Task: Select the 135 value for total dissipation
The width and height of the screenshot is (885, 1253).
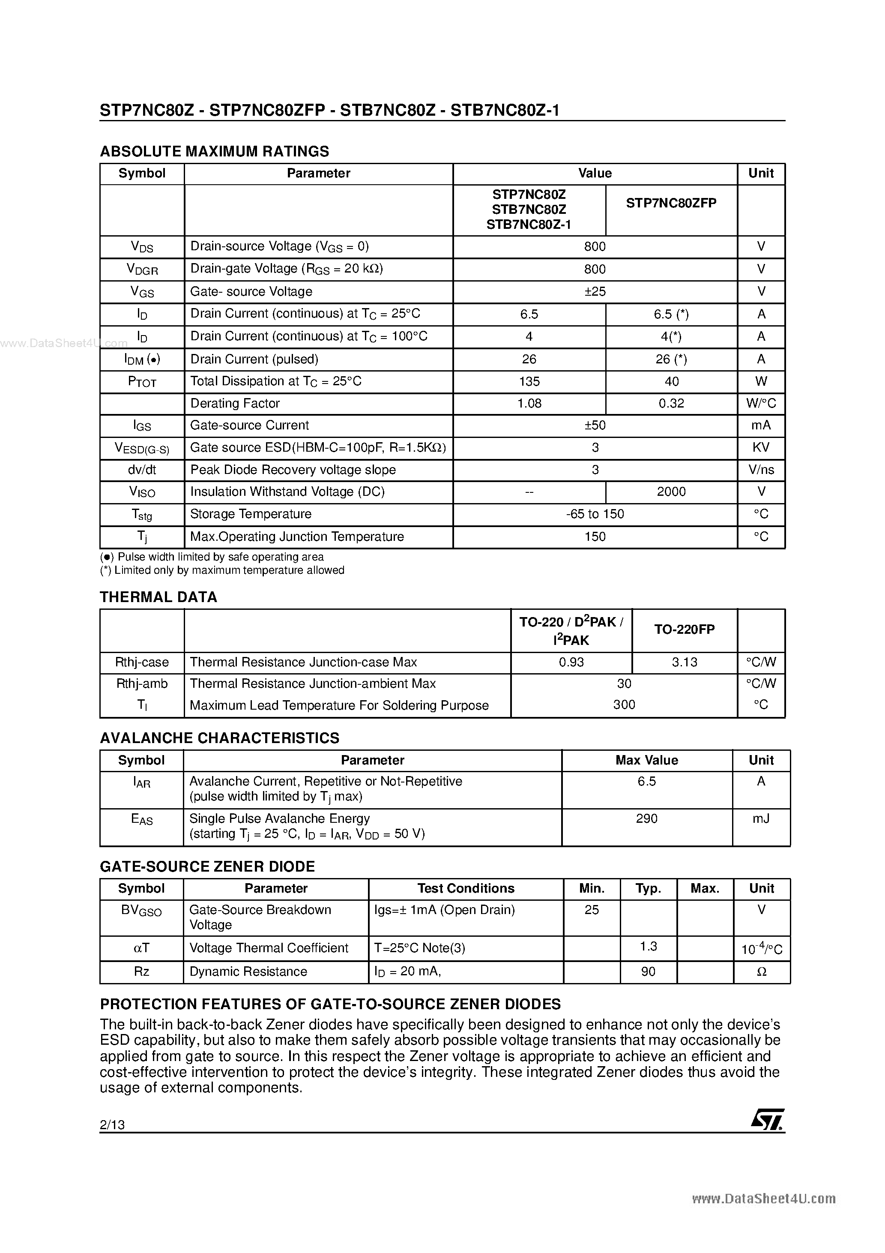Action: point(529,381)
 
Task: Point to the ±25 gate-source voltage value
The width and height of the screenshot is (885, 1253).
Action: point(595,291)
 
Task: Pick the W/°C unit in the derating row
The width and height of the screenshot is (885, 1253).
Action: point(761,403)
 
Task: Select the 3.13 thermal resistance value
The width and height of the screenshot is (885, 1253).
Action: point(684,662)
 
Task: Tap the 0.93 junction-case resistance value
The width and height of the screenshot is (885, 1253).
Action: point(571,662)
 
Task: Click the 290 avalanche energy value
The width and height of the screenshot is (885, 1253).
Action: point(646,818)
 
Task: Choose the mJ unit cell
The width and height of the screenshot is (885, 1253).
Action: point(761,818)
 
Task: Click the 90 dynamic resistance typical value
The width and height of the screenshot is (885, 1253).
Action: point(648,971)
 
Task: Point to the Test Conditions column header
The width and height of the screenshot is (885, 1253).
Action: point(465,888)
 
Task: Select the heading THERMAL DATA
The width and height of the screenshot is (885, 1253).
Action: point(158,597)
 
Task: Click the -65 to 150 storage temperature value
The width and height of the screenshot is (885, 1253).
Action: point(595,514)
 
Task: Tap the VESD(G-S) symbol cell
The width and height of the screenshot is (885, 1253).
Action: point(142,448)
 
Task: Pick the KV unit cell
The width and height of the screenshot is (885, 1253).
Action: point(761,447)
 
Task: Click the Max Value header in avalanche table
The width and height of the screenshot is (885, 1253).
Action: point(646,760)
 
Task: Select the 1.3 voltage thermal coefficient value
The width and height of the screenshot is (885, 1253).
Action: point(648,946)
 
